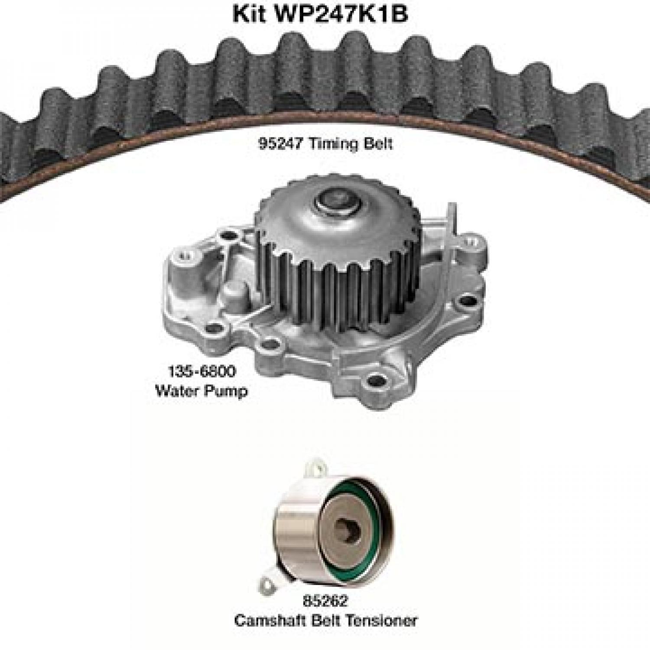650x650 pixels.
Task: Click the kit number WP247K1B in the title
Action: (340, 14)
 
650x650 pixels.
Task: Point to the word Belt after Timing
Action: (378, 143)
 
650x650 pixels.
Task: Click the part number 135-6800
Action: (202, 371)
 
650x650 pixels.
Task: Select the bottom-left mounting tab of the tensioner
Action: (269, 581)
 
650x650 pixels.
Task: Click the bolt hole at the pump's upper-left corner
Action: (225, 237)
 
